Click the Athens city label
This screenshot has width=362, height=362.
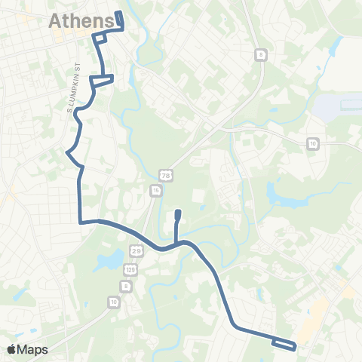81,22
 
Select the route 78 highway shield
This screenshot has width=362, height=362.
164,175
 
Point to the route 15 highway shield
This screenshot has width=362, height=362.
155,192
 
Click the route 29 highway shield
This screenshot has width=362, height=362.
137,250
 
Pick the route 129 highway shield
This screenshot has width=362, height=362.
132,268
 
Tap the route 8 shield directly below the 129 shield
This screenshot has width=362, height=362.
126,287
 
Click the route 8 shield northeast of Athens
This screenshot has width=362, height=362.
261,55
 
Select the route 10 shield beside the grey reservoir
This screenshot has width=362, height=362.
312,143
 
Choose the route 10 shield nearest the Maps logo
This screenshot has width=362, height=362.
113,302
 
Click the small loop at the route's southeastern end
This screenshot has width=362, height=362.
284,343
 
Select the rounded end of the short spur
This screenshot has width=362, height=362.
177,214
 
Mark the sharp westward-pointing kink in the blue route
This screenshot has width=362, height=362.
69,153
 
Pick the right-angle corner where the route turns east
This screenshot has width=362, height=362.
80,222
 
